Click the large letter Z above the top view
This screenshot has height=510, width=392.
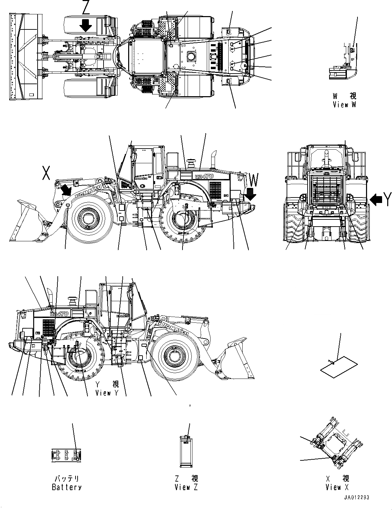[x=85, y=8]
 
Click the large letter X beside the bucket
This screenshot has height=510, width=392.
[x=46, y=173]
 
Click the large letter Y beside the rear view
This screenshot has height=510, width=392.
[x=387, y=199]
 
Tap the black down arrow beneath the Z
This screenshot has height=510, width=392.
[x=85, y=25]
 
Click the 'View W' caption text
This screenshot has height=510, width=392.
[x=344, y=105]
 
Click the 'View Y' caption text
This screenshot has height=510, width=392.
[x=107, y=393]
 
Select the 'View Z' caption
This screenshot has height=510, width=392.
[x=186, y=487]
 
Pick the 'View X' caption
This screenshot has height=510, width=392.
[x=338, y=487]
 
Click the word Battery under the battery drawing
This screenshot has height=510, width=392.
[x=67, y=487]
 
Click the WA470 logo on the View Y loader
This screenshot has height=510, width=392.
[x=59, y=313]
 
